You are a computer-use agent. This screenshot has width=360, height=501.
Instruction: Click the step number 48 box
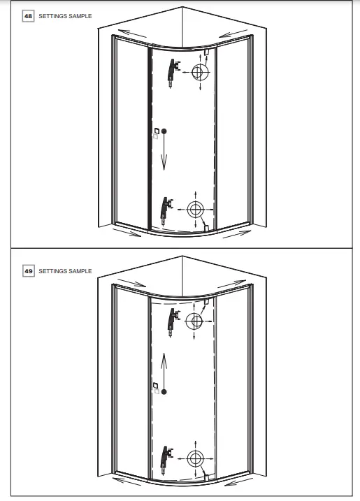click(29, 15)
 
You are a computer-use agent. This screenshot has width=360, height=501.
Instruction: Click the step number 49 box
click(29, 270)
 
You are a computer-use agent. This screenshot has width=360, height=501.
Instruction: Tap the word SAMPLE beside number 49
click(80, 270)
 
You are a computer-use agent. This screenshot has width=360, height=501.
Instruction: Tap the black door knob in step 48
click(164, 130)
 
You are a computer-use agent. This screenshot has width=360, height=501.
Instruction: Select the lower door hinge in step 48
click(165, 208)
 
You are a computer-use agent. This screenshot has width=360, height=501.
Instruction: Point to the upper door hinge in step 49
click(171, 321)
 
